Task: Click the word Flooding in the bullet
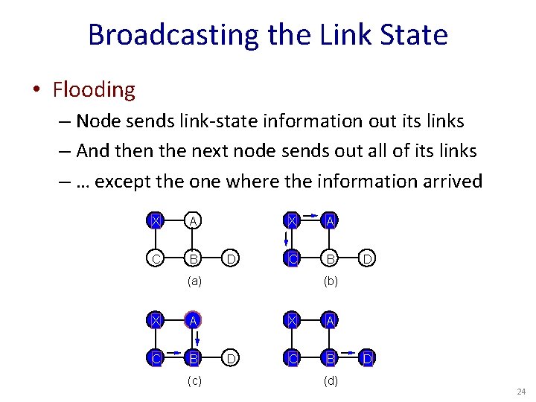(94, 90)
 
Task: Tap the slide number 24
(520, 392)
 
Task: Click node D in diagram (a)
(232, 259)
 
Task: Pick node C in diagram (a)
(155, 259)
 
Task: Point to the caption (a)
(194, 281)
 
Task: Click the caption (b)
(330, 281)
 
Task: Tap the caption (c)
(194, 381)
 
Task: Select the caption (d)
(330, 381)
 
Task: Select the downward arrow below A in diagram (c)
(186, 339)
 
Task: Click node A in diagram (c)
(194, 320)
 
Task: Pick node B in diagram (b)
(330, 259)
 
